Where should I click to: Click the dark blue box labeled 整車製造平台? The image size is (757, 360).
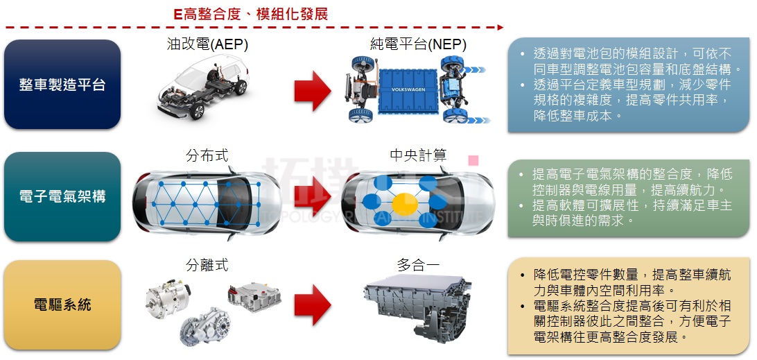click(62, 85)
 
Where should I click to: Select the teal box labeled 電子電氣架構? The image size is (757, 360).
click(62, 197)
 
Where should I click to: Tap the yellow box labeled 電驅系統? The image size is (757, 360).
click(62, 305)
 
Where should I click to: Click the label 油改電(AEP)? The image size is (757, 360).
click(207, 44)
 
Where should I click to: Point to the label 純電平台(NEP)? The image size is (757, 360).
click(418, 44)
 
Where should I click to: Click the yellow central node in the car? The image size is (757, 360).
click(405, 204)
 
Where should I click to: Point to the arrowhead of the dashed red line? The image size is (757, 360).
click(501, 28)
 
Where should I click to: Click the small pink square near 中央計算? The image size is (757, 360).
click(473, 160)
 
